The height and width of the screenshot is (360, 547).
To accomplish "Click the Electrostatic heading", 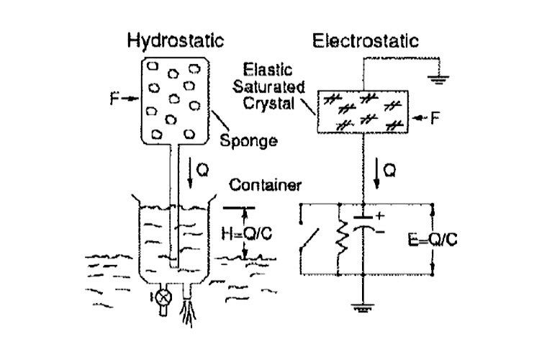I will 365,40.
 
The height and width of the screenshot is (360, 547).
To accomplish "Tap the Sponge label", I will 248,140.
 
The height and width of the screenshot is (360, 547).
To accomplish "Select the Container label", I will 265,186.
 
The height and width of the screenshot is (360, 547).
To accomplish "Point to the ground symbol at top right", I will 437,79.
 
